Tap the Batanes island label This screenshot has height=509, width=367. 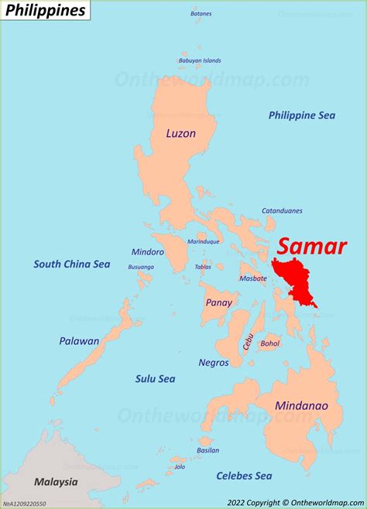click(x=201, y=14)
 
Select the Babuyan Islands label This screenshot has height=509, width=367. click(x=200, y=60)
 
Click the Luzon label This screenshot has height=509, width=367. click(x=180, y=133)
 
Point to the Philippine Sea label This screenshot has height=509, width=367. click(x=302, y=115)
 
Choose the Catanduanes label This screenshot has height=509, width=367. click(x=282, y=210)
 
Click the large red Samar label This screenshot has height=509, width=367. click(x=312, y=246)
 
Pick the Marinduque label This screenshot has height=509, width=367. click(x=204, y=241)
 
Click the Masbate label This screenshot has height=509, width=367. click(x=253, y=278)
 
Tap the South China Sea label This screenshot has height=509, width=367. click(x=71, y=265)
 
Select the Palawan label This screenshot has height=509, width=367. click(x=79, y=340)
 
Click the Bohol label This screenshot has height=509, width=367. click(x=270, y=343)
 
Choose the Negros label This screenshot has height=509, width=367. click(x=214, y=362)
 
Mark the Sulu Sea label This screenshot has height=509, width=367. click(x=156, y=379)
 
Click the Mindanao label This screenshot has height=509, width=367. click(x=301, y=405)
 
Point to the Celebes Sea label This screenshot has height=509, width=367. click(x=244, y=475)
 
